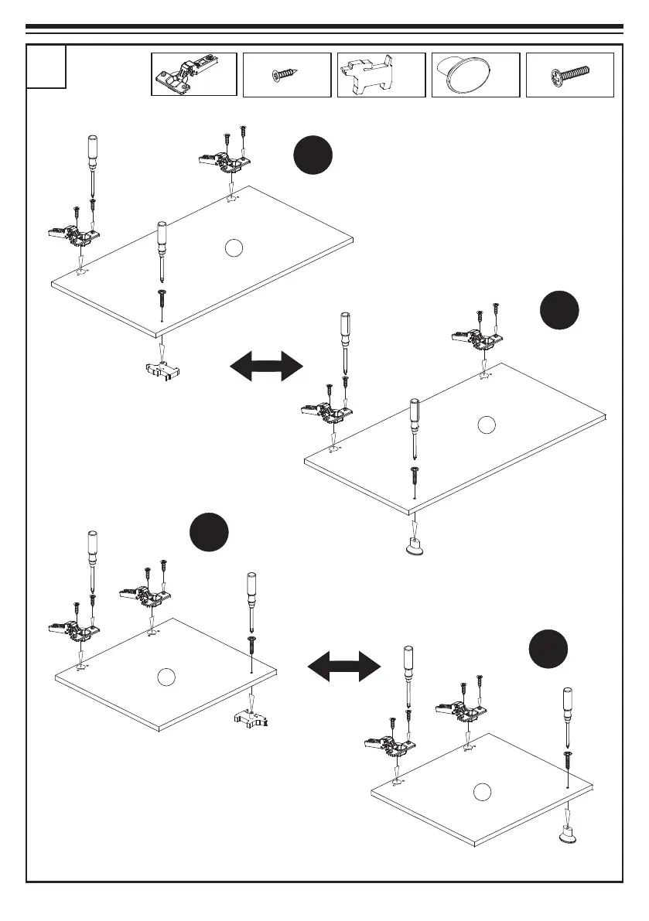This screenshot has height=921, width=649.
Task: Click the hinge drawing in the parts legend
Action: [x=193, y=74]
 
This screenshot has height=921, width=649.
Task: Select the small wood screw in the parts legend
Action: [x=286, y=74]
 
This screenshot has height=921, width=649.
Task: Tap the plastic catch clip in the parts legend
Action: [x=381, y=74]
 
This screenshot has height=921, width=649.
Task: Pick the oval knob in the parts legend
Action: [x=476, y=74]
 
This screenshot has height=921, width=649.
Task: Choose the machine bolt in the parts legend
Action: [x=569, y=75]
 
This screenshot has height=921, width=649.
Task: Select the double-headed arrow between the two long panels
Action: [x=266, y=365]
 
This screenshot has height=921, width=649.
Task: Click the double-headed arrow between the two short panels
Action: [x=345, y=664]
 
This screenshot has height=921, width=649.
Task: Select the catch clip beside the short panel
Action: [x=250, y=719]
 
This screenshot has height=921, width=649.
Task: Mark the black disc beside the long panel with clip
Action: [x=313, y=155]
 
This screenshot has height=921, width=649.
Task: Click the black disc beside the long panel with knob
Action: [x=559, y=311]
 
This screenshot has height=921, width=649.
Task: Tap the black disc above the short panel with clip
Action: [x=209, y=532]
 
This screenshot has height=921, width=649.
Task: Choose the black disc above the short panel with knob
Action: [x=548, y=651]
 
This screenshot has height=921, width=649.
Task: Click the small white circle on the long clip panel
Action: [x=234, y=247]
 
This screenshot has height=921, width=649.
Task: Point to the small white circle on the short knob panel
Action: [x=482, y=791]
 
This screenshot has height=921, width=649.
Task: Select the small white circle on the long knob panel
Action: [x=486, y=424]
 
